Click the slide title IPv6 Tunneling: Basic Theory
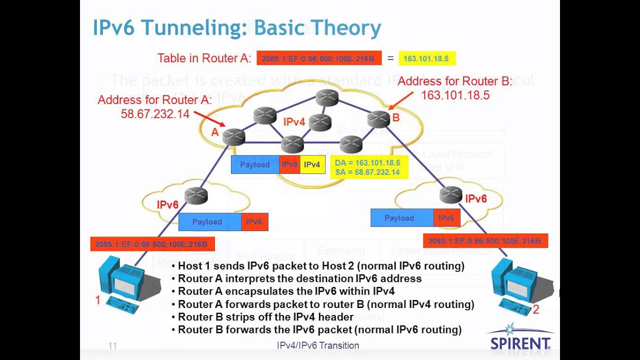(237, 28)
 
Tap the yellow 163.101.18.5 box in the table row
(426, 58)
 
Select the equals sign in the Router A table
(390, 58)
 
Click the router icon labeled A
(233, 136)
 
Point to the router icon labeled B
(378, 118)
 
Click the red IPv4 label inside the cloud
(294, 121)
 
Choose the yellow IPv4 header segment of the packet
(312, 164)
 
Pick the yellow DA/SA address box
(367, 167)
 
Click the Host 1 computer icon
(120, 282)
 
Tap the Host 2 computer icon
(520, 282)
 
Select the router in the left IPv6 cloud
(196, 196)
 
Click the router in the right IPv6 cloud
(450, 194)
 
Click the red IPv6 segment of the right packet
(446, 218)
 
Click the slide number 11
(112, 345)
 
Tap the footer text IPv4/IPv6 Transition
(318, 345)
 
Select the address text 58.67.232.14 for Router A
(155, 114)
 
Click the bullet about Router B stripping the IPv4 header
(265, 317)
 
